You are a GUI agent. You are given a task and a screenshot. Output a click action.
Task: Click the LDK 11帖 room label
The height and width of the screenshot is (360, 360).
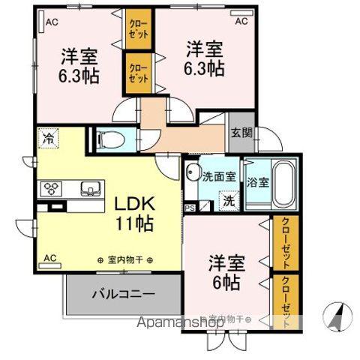(134, 213)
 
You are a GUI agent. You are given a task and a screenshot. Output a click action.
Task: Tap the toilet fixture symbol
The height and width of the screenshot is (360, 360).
(106, 139)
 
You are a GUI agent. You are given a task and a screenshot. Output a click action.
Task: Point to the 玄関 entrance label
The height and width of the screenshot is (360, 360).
(242, 133)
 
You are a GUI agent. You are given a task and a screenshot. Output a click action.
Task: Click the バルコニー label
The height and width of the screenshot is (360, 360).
(124, 293)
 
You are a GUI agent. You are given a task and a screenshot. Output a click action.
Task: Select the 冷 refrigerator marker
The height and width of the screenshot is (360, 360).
(49, 138)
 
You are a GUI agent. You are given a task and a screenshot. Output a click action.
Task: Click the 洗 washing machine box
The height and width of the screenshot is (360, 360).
(228, 200)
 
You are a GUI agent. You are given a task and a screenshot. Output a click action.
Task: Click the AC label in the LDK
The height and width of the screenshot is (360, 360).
(50, 258)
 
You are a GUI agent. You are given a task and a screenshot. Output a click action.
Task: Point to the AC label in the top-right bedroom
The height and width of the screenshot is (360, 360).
(241, 22)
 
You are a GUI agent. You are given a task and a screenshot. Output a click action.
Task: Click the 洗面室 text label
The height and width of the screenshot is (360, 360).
(219, 177)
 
